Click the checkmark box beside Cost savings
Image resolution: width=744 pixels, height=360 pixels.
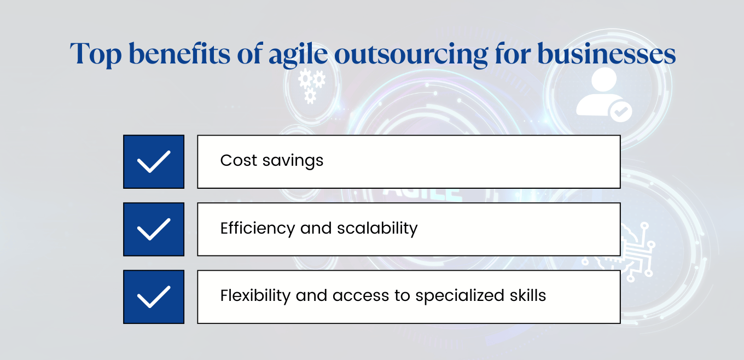154,162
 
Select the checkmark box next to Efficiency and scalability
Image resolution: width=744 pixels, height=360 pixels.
154,229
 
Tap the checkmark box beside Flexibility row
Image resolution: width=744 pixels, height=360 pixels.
154,297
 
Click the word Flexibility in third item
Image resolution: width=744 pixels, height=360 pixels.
255,296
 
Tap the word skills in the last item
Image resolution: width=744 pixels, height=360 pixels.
529,295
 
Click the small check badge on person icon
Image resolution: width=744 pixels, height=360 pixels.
620,112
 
